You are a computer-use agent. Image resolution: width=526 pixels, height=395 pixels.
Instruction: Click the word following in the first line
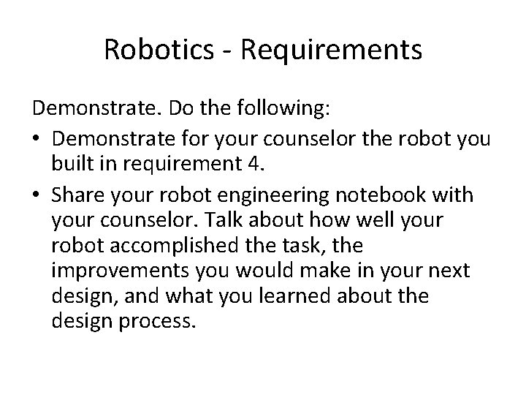pos(286,111)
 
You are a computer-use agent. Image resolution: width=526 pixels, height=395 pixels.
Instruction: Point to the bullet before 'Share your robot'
pos(37,196)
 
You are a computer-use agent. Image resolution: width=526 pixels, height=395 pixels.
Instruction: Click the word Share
pos(77,196)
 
